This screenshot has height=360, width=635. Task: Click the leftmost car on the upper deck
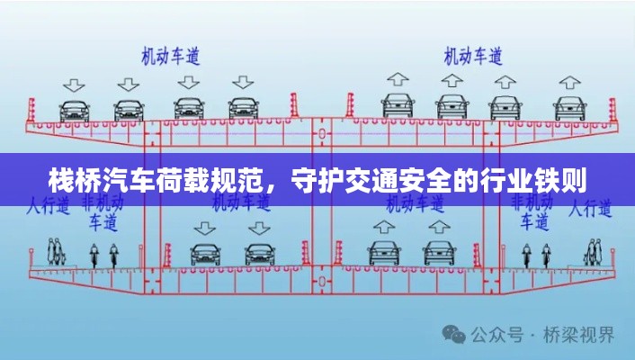point(74,110)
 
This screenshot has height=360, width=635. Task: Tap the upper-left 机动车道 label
point(170,55)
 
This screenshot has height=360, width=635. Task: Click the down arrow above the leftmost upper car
point(74,85)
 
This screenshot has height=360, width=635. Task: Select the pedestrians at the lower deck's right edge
point(592,247)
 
